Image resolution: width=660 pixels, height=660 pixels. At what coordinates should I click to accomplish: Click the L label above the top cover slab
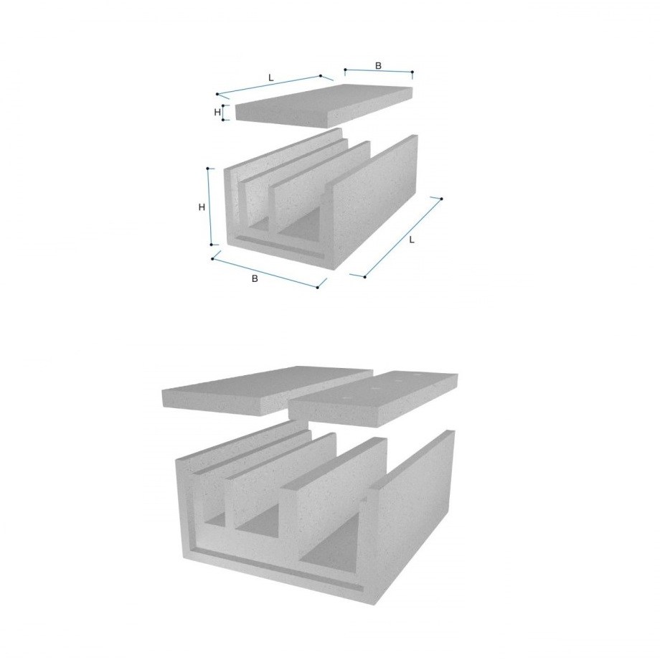pos(271,78)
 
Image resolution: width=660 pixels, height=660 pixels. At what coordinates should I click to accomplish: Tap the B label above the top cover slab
pos(378,66)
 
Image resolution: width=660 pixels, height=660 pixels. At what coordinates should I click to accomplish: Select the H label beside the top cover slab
pos(217,113)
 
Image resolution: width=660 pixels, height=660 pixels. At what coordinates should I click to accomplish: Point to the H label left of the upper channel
pos(202,207)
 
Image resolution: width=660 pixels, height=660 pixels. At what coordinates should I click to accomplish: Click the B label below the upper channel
pos(254,278)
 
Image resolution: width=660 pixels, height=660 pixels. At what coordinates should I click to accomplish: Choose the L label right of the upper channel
pos(412,240)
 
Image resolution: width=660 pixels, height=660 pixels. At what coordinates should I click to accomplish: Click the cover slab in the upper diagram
pos(324,105)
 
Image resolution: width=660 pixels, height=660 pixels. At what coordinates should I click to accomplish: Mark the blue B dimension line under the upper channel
pos(265,273)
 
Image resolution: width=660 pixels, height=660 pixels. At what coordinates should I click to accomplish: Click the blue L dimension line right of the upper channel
pos(403,237)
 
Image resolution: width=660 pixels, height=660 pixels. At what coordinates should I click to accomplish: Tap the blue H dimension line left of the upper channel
pos(209,207)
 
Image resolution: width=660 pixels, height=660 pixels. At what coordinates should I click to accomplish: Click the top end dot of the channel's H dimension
pos(208,169)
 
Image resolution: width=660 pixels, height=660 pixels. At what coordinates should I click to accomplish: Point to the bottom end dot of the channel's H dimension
pos(211,245)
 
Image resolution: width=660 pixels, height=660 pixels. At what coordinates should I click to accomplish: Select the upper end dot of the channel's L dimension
pos(441,198)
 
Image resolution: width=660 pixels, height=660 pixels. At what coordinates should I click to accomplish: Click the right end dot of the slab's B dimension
pos(412,72)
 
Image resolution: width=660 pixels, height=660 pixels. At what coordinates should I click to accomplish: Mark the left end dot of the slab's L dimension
pos(217,94)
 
